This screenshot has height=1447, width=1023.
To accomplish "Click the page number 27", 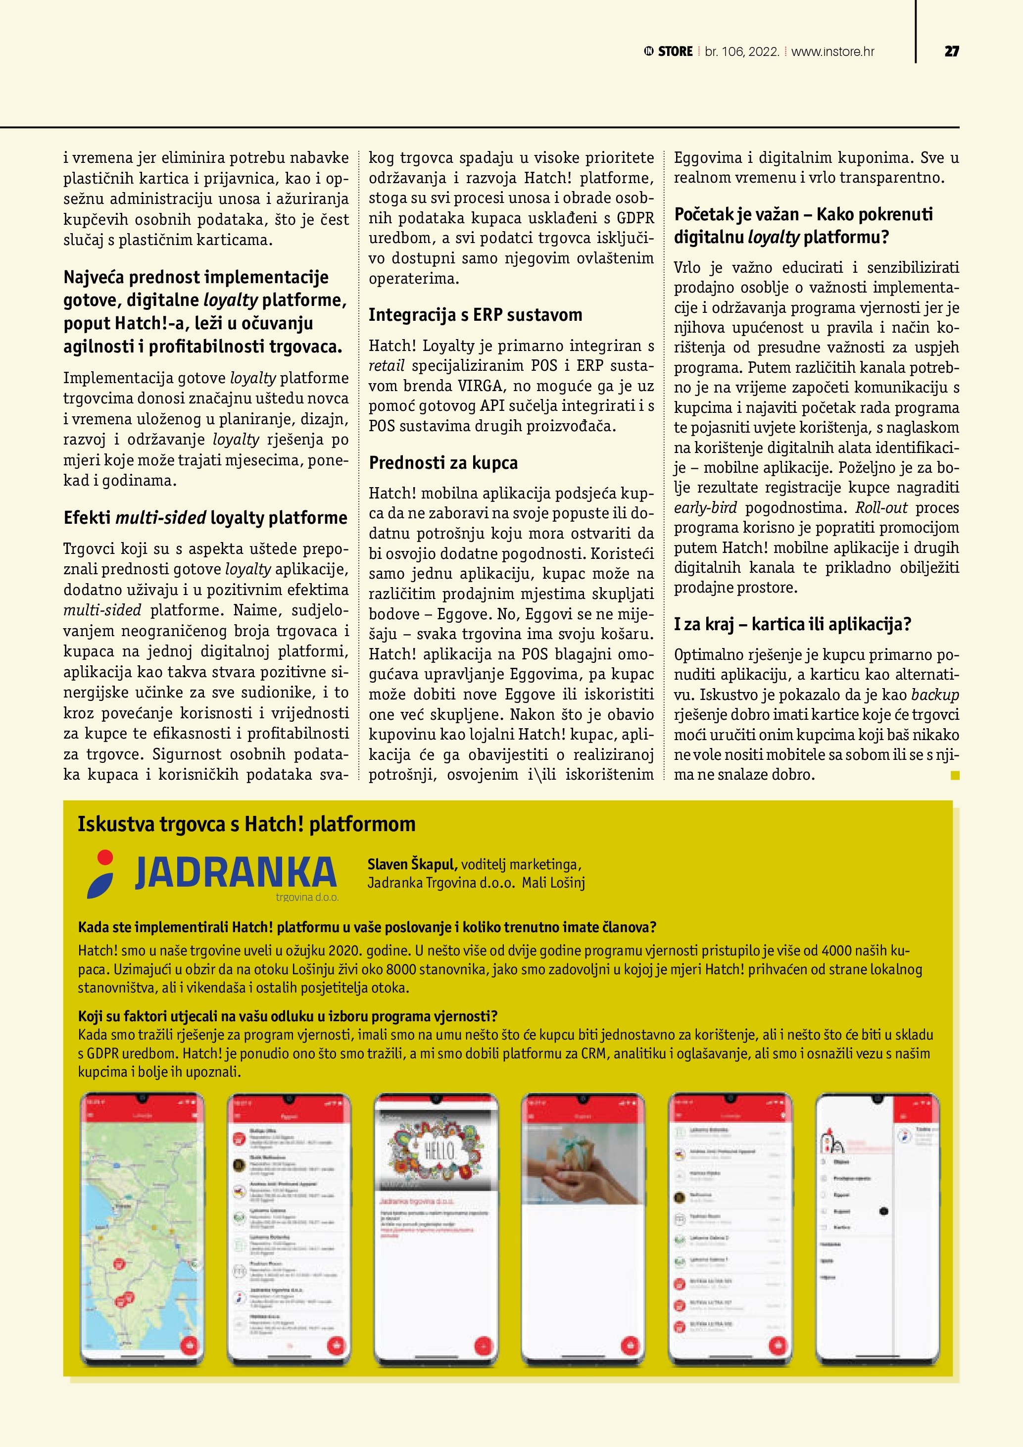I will tap(951, 51).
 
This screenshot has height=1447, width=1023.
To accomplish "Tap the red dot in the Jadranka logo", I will tap(105, 857).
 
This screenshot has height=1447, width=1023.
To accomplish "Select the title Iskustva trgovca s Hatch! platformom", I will tap(246, 824).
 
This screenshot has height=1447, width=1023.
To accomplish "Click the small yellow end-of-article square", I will tap(954, 776).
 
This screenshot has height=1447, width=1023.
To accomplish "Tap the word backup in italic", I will tap(935, 695).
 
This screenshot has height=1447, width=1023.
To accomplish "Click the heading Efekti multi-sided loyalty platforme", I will tap(205, 518).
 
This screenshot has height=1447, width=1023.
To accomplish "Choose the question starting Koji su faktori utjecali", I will tap(287, 1016).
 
